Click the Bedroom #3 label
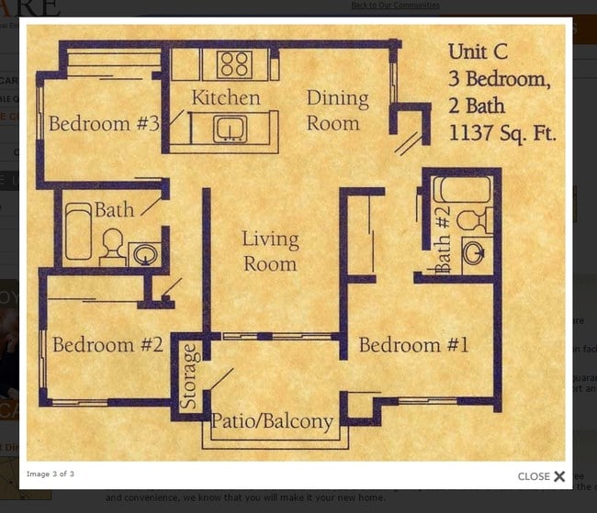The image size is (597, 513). pos(104,124)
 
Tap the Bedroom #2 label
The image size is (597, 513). pos(107,345)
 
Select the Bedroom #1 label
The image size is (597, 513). pos(413,345)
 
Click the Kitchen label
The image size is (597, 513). pos(225,97)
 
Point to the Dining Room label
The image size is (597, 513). pos(337,109)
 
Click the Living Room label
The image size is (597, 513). pos(270,251)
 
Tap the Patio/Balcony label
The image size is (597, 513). pos(272,422)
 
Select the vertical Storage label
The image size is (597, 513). pos(189,376)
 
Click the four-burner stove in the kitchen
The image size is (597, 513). pos(235,64)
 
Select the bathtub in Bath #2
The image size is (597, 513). pos(463,190)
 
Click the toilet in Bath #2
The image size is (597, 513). pos(472,220)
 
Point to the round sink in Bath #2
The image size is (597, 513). pos(473,252)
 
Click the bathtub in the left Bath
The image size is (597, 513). pos(78,231)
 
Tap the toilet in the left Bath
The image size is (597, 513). pos(113,246)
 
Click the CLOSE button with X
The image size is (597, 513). pos(541,476)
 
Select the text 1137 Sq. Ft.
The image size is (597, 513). pos(502,133)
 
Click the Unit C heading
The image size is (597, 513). pos(478,51)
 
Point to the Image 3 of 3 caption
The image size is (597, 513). pos(51,474)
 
